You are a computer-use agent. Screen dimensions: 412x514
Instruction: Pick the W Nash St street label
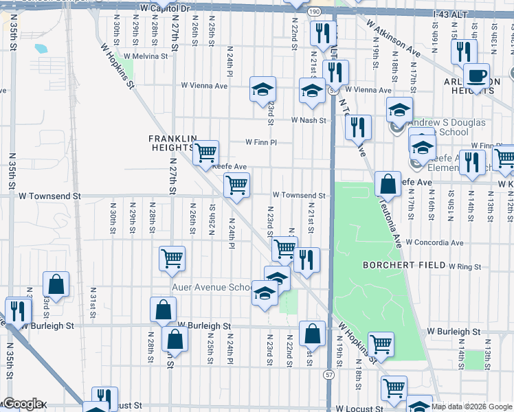(x=307, y=119)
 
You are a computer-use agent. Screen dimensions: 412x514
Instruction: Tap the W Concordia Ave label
(x=434, y=242)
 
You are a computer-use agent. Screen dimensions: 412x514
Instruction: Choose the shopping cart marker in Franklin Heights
(x=205, y=152)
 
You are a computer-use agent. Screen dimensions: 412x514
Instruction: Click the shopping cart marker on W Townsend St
(x=236, y=185)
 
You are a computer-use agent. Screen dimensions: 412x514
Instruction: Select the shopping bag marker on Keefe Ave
(x=388, y=184)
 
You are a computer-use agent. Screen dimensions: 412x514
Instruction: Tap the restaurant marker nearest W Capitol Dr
(x=321, y=32)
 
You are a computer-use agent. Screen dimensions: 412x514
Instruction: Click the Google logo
(x=22, y=404)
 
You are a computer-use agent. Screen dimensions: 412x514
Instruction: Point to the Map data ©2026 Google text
(x=471, y=407)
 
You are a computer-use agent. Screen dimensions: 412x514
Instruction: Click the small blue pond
(x=40, y=49)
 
